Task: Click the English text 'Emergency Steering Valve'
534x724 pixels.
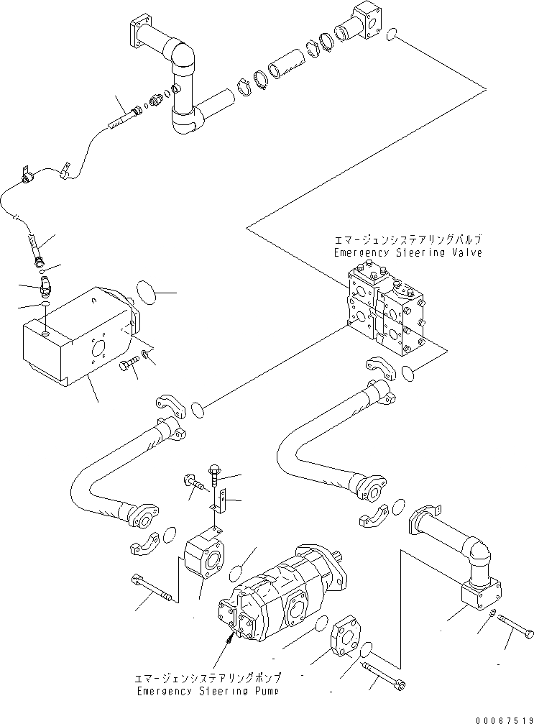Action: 408,253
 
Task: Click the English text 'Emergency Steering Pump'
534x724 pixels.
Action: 207,691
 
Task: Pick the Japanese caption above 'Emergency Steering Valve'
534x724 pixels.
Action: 408,239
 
